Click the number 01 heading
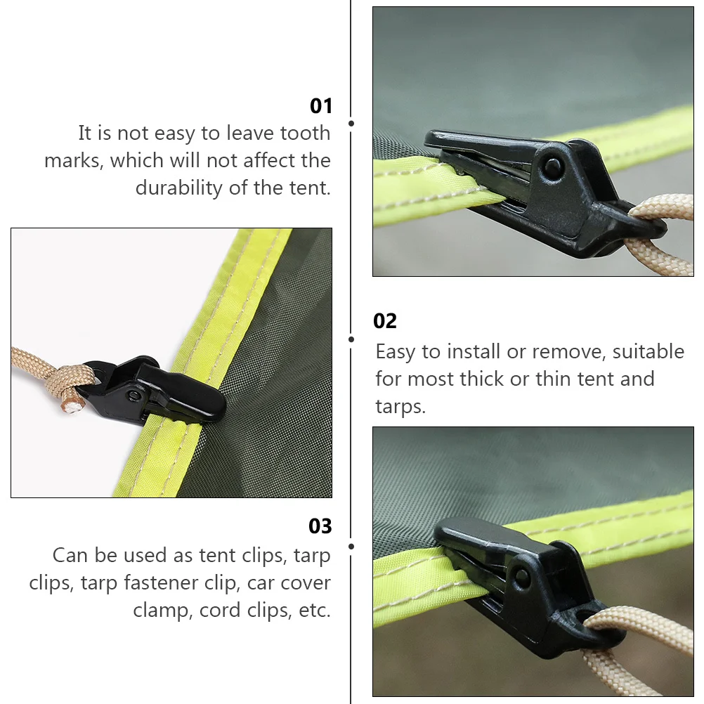[x=320, y=106]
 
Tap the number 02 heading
[x=384, y=321]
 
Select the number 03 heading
[x=320, y=526]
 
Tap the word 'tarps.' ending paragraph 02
[x=400, y=408]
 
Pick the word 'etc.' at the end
[x=314, y=610]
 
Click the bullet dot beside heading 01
[x=351, y=123]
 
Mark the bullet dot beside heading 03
[x=351, y=545]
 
